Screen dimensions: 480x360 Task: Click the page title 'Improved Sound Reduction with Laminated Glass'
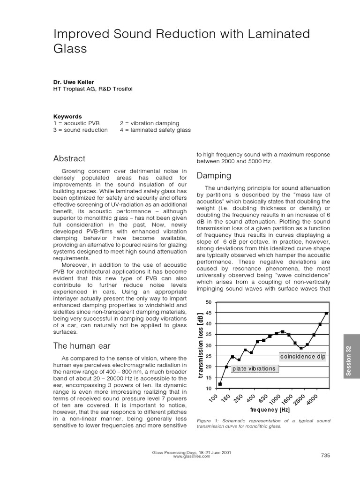181,41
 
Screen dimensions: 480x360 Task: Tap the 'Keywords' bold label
67,116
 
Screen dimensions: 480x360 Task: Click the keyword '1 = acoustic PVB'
76,123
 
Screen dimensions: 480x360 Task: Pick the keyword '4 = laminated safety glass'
155,130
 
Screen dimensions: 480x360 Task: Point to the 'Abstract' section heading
69,159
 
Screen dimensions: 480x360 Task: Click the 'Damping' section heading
214,176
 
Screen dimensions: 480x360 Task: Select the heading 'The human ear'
82,346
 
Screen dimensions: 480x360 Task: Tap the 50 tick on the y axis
209,302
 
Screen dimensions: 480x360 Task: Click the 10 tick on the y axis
209,389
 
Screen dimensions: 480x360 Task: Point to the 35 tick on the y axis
209,335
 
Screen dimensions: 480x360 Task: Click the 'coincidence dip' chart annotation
302,357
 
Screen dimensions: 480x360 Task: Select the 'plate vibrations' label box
254,368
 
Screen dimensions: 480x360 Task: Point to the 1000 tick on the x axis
275,399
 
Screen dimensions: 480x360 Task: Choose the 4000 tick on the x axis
312,399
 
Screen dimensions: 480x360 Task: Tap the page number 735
326,455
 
